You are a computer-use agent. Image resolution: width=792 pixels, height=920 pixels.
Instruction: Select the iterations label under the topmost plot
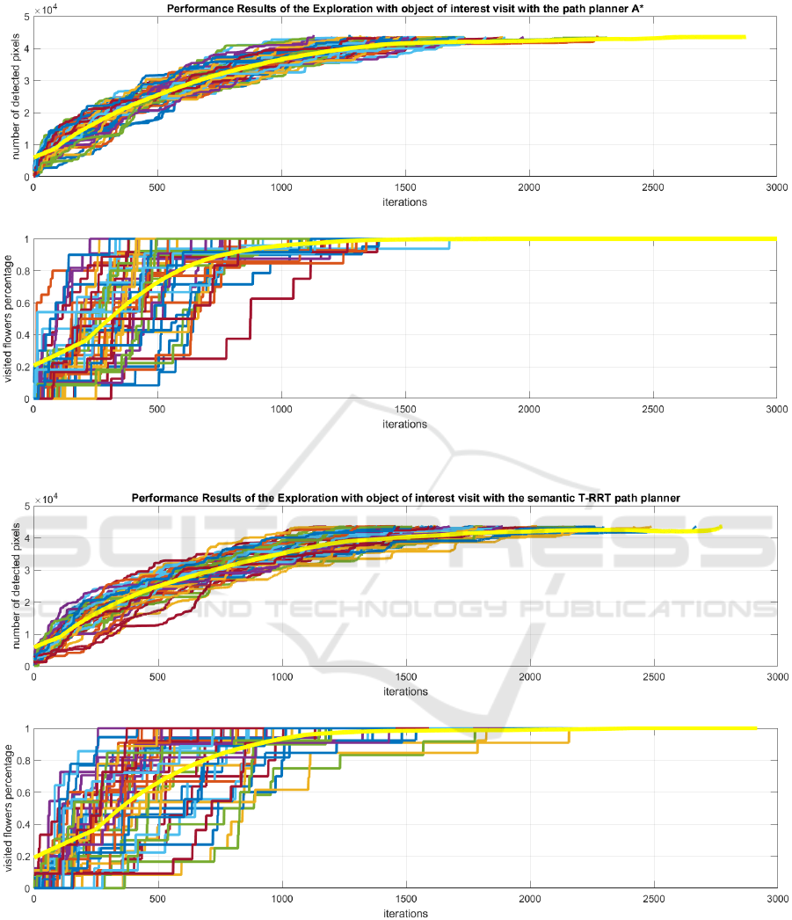[x=405, y=201]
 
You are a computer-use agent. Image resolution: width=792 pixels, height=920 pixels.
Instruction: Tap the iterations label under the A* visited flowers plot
[x=405, y=424]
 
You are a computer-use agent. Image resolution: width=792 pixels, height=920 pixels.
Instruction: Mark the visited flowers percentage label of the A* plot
[x=10, y=318]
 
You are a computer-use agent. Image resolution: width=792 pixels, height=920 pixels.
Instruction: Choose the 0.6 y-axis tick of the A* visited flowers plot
[x=21, y=303]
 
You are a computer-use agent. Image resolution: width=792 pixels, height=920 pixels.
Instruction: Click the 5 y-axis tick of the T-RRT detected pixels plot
[x=25, y=507]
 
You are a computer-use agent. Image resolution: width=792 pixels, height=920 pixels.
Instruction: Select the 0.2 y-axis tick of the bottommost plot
[x=21, y=857]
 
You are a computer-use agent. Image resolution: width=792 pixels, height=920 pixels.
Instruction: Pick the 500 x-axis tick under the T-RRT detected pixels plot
[x=158, y=678]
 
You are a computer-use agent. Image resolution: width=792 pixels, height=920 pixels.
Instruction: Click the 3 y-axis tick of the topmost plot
[x=25, y=82]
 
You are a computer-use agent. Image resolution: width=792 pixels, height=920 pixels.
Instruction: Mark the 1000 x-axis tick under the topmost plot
[x=281, y=187]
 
